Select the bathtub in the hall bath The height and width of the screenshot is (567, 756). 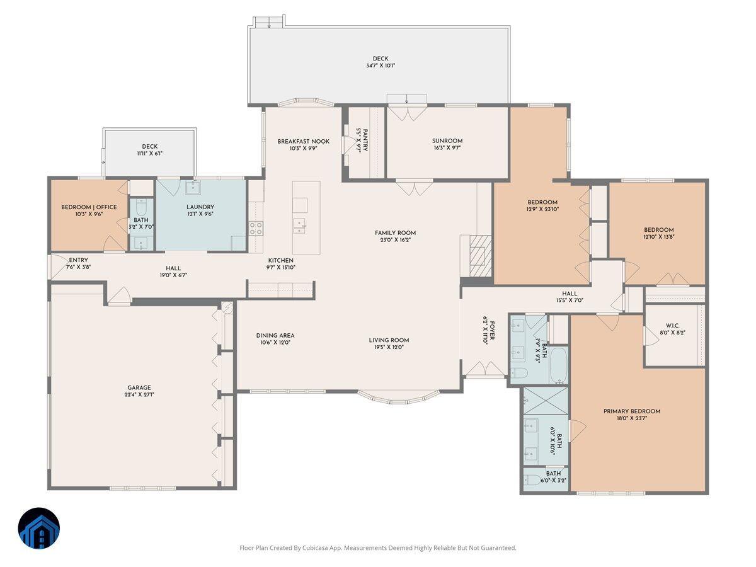click(x=559, y=365)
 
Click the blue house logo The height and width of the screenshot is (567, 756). click(x=39, y=528)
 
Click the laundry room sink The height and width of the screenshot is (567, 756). click(x=193, y=188)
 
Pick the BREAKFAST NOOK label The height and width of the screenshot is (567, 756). click(x=303, y=142)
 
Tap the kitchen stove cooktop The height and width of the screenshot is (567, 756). click(x=256, y=227)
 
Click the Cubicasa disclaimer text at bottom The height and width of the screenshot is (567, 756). click(x=378, y=548)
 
